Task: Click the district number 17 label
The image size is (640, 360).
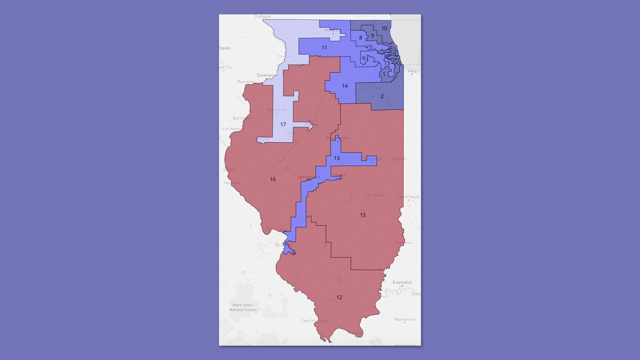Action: [x=283, y=125]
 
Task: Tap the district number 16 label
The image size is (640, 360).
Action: [x=273, y=179]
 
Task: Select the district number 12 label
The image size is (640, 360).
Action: [x=339, y=297]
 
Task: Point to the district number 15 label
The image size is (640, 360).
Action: [x=363, y=215]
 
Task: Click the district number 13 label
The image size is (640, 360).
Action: [x=337, y=158]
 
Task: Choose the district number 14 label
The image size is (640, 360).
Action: [x=345, y=86]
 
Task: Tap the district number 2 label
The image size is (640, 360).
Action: [x=382, y=96]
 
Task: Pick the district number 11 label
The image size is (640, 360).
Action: [x=324, y=48]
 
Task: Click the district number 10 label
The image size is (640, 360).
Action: [x=384, y=28]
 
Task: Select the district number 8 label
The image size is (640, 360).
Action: [x=361, y=38]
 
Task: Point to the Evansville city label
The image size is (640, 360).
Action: [x=402, y=282]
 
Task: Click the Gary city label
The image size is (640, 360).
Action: [x=412, y=71]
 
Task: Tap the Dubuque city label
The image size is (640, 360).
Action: [x=263, y=16]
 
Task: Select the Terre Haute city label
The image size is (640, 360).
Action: [x=408, y=197]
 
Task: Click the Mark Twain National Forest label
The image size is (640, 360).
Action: [x=242, y=307]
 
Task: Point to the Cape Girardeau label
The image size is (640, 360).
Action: [x=314, y=321]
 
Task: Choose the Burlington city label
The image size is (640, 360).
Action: [x=243, y=118]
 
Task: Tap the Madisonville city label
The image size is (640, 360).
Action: [x=405, y=319]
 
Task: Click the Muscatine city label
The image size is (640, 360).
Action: [x=246, y=82]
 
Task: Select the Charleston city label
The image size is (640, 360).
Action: [x=374, y=195]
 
